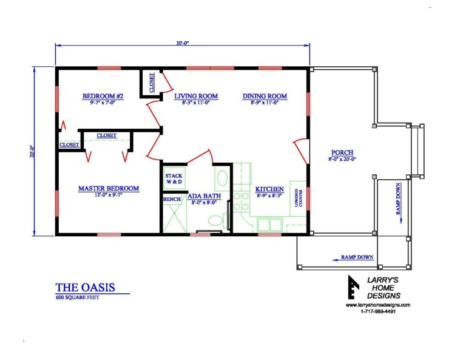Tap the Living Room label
(x=196, y=96)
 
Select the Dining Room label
(x=265, y=96)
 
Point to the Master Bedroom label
(x=109, y=189)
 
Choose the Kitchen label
(x=269, y=189)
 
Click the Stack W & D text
(x=174, y=179)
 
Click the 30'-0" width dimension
(x=183, y=44)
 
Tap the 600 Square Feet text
(x=76, y=298)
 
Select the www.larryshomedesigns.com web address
(x=378, y=305)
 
